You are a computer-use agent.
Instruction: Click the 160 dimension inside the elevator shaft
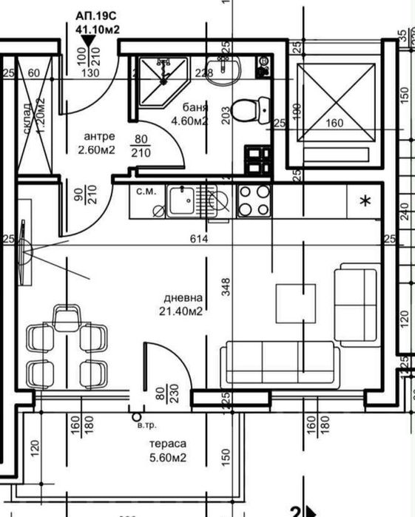(x=335, y=124)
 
